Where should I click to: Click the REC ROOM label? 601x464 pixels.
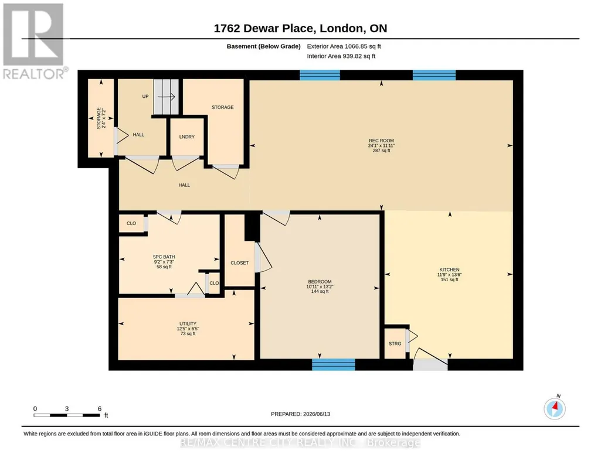tap(381, 141)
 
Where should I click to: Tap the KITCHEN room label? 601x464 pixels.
tap(449, 269)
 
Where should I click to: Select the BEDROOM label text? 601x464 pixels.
tap(320, 281)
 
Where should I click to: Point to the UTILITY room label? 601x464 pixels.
tap(188, 323)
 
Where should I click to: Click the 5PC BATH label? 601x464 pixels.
tap(164, 257)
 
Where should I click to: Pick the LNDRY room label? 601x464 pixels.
tap(187, 137)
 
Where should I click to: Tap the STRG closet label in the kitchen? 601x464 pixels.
tap(395, 344)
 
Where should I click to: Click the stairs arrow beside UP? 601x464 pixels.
tap(167, 97)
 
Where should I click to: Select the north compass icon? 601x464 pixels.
tap(555, 408)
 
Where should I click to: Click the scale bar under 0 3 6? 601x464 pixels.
tap(67, 415)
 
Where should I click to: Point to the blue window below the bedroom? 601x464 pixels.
tap(334, 364)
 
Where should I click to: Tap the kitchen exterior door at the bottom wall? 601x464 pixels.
tap(430, 364)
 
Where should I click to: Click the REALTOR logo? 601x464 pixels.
tap(35, 42)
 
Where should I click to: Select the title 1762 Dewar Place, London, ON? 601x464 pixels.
tap(300, 28)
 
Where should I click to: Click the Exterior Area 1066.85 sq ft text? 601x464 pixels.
tap(344, 46)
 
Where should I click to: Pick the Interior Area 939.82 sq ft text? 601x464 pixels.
tap(341, 56)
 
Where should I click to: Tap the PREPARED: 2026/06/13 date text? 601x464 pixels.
tap(300, 414)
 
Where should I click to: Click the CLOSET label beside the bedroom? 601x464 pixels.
tap(240, 263)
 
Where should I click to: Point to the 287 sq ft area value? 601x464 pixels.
tap(381, 151)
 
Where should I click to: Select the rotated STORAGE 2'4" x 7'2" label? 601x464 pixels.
tap(101, 118)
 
